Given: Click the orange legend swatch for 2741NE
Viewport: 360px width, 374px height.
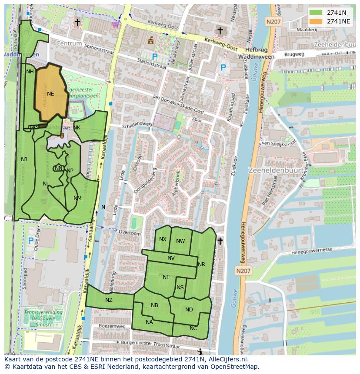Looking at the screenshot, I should [317, 21].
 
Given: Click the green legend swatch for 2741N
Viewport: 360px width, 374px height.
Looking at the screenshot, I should [317, 13].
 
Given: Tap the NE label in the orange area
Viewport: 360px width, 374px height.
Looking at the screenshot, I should [50, 94].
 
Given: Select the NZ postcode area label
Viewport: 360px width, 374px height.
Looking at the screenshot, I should [109, 300].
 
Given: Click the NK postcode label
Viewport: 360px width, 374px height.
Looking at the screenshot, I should [77, 128].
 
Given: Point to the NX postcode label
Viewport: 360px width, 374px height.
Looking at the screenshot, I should [163, 239].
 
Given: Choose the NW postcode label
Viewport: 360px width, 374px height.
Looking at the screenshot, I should [180, 241].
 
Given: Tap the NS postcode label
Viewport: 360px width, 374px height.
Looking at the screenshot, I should [180, 288].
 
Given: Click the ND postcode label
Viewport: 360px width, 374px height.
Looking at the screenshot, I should [189, 310].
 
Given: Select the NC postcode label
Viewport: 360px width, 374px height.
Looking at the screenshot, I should [193, 328].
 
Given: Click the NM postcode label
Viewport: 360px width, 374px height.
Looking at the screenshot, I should [77, 199].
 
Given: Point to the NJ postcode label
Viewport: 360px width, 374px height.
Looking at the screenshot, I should [24, 159].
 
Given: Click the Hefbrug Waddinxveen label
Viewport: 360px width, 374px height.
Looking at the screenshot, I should [256, 53].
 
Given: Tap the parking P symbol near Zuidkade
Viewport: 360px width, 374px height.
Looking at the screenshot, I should [223, 67].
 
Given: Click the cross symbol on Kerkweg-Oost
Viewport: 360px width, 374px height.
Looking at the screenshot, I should [220, 31].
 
